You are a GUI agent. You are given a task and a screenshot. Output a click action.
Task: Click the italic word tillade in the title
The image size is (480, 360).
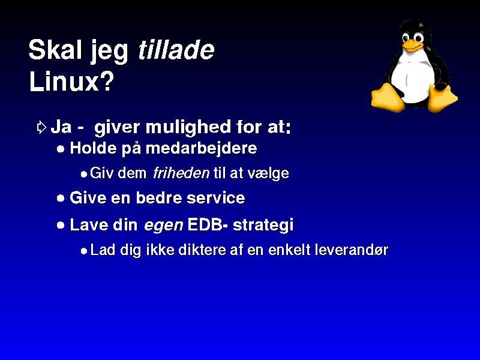176,50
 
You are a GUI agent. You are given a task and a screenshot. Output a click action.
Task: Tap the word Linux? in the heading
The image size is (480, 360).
71,82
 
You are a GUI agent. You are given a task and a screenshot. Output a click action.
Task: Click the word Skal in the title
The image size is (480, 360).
55,50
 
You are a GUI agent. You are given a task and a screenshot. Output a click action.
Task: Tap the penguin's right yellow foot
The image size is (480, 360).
442,98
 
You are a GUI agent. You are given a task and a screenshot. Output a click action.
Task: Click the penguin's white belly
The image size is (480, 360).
413,80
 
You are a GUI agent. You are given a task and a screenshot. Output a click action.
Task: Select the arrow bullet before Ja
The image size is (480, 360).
41,127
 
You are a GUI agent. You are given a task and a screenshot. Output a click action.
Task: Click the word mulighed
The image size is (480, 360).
188,128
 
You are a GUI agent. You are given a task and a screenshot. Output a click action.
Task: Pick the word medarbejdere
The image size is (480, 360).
202,149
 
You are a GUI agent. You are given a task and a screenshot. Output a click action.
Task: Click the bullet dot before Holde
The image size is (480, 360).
61,149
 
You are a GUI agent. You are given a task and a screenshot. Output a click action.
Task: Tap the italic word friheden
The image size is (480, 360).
181,173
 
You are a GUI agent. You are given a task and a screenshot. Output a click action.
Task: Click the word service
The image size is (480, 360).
216,198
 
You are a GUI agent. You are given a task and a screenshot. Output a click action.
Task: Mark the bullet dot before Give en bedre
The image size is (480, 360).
61,198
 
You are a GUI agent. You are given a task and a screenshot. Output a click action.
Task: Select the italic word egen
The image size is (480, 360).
163,226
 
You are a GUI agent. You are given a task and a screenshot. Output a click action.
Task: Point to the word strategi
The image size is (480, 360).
263,226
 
